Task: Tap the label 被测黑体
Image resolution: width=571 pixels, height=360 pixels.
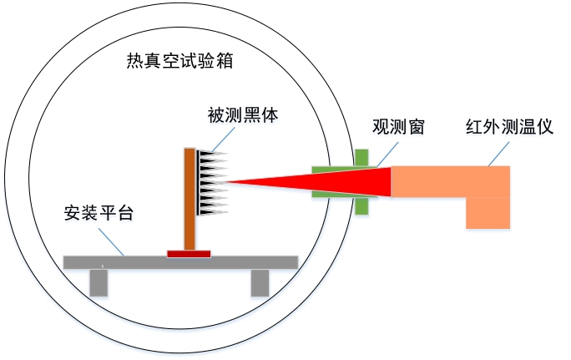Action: pyautogui.click(x=243, y=116)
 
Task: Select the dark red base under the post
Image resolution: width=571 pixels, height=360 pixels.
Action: pyautogui.click(x=189, y=253)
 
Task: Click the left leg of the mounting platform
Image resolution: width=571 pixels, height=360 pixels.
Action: pyautogui.click(x=99, y=282)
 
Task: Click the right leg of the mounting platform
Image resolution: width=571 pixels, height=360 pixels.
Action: pyautogui.click(x=260, y=282)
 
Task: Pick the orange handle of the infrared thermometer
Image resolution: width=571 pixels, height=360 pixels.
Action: pyautogui.click(x=488, y=213)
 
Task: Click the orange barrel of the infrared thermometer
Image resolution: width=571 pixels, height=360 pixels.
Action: pyautogui.click(x=451, y=182)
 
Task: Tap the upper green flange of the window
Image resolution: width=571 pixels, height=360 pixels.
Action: pyautogui.click(x=361, y=157)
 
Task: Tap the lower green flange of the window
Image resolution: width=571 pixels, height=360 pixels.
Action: pyautogui.click(x=361, y=205)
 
